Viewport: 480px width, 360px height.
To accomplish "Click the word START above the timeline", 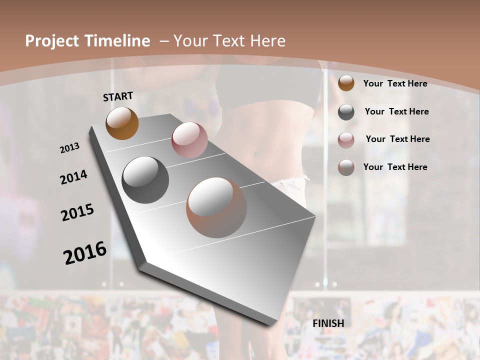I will click(x=118, y=96).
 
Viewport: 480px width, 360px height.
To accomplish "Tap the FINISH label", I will click(x=328, y=323).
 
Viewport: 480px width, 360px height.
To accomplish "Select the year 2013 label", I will click(x=69, y=148).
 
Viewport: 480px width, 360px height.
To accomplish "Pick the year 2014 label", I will click(x=73, y=177).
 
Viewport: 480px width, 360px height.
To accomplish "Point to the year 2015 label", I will click(x=77, y=212).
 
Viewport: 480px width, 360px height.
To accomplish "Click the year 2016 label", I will click(x=85, y=253).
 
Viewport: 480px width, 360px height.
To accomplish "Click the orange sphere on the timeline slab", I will click(x=122, y=123).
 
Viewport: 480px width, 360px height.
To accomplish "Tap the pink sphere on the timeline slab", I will click(x=189, y=140).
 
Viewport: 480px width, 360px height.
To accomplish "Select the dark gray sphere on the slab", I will click(x=145, y=180).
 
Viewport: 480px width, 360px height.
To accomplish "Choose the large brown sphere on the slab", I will click(x=216, y=207).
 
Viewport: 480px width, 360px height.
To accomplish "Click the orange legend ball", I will click(x=346, y=83).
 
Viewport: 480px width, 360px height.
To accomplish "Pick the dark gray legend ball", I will click(x=346, y=112).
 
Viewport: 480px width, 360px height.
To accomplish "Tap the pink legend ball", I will click(x=346, y=140).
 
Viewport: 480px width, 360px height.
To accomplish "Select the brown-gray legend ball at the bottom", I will click(x=346, y=167).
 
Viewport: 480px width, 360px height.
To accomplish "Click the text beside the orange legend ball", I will click(x=395, y=83).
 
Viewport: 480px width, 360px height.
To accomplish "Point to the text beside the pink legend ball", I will click(x=397, y=139).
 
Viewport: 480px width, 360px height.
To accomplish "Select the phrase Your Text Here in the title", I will click(x=229, y=41).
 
